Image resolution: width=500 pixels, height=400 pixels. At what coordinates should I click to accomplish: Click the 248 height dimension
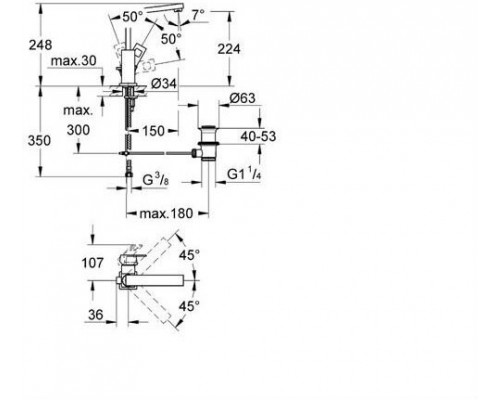[x=40, y=45]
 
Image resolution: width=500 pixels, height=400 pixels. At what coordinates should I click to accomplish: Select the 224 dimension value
[x=229, y=49]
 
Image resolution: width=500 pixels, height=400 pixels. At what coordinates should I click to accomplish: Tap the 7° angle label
[x=199, y=15]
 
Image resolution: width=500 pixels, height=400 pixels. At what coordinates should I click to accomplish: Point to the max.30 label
[x=73, y=61]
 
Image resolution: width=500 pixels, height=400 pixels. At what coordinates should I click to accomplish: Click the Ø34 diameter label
[x=164, y=84]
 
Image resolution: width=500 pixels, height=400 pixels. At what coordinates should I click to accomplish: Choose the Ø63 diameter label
[x=242, y=98]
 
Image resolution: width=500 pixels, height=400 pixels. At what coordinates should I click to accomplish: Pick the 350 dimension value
[x=39, y=141]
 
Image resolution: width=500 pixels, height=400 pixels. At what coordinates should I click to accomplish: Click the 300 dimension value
[x=78, y=130]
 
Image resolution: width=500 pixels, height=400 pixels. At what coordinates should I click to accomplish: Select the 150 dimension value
[x=154, y=131]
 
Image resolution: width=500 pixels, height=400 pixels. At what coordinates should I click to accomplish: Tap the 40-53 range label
[x=258, y=136]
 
